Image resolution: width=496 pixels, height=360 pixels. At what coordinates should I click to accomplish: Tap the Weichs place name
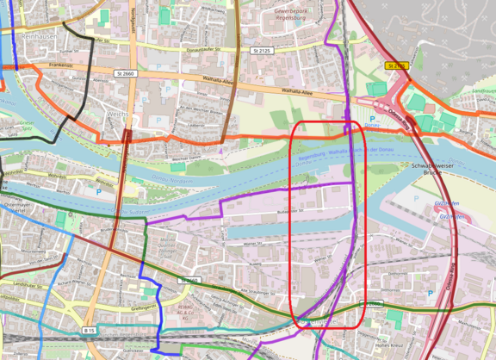118,114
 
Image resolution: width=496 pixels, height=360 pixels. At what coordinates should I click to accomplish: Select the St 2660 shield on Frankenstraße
124,74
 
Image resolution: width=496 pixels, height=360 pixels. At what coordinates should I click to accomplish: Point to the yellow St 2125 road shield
395,65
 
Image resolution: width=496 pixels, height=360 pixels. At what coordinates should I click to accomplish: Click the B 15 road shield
90,331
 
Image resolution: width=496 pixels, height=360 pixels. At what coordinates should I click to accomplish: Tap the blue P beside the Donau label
371,119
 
